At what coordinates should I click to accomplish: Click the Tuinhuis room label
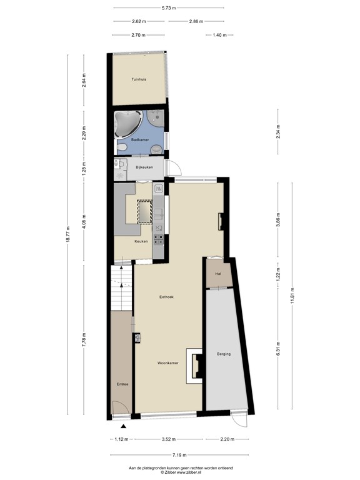click(139, 79)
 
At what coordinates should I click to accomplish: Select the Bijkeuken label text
click(144, 168)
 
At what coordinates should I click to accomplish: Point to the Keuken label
click(141, 241)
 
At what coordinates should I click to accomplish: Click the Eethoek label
click(166, 297)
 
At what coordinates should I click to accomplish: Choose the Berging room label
click(224, 354)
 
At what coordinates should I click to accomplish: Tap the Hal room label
click(218, 274)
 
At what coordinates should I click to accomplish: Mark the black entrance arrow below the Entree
click(123, 426)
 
